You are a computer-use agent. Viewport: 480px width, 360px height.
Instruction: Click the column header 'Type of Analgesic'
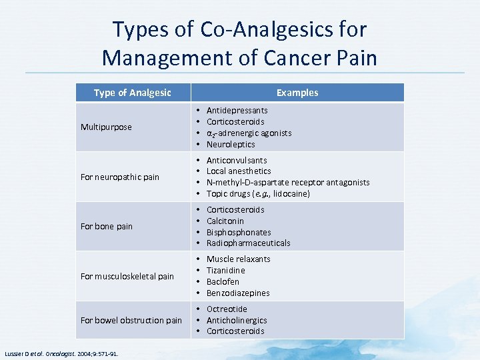click(132, 93)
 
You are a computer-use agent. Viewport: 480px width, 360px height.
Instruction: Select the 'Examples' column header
click(297, 93)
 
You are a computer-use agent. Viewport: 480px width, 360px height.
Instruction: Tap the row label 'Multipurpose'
click(106, 127)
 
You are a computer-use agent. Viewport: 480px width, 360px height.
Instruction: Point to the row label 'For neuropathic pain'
click(120, 177)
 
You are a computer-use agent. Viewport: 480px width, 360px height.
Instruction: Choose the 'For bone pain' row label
click(107, 226)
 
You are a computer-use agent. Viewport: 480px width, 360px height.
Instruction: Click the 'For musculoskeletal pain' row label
click(127, 276)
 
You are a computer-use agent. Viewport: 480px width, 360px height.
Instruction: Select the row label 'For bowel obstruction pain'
click(131, 320)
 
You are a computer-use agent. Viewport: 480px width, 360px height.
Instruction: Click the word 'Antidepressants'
click(237, 110)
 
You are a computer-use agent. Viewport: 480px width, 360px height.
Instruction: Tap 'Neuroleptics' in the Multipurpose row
click(231, 144)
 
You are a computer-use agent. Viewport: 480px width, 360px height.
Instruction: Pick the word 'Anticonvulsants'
click(237, 160)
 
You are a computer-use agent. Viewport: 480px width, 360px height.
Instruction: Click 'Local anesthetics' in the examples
click(239, 171)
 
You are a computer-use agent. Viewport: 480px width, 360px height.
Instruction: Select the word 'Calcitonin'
click(225, 221)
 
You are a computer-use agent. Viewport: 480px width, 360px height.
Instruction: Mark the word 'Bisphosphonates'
click(239, 232)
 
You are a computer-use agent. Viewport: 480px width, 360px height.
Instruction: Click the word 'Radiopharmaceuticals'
click(248, 243)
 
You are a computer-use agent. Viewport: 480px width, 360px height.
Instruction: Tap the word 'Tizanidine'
click(225, 270)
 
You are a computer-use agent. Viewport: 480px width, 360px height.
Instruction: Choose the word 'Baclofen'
click(223, 281)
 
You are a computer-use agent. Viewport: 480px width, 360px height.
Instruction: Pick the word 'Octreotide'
click(227, 309)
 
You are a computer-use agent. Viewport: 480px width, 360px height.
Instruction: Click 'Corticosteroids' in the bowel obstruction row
click(235, 331)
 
